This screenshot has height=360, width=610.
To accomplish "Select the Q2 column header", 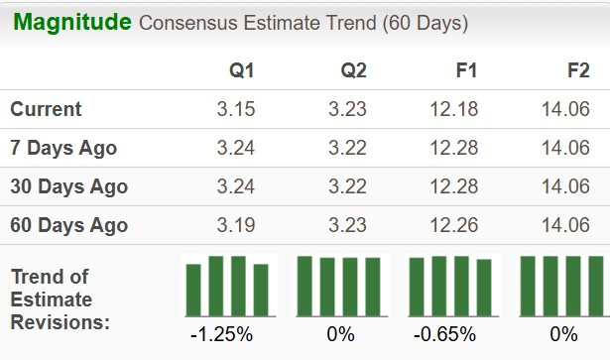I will [x=352, y=70].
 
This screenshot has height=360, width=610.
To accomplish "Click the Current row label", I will [x=47, y=109].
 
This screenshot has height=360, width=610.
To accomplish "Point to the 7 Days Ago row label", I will [x=63, y=148].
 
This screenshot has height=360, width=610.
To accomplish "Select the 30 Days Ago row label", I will [x=68, y=186].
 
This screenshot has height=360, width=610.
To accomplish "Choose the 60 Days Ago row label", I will [x=68, y=225].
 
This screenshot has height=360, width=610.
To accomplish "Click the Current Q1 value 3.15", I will [x=236, y=109].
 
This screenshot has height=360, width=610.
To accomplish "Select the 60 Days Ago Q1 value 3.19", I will [x=236, y=225].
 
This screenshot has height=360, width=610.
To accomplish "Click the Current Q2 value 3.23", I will [x=348, y=109].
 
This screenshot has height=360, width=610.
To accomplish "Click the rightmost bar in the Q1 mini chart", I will [x=261, y=288].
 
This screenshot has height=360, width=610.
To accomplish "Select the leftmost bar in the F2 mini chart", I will [x=528, y=285].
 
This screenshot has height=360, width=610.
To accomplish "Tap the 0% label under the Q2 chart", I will [x=339, y=334].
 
